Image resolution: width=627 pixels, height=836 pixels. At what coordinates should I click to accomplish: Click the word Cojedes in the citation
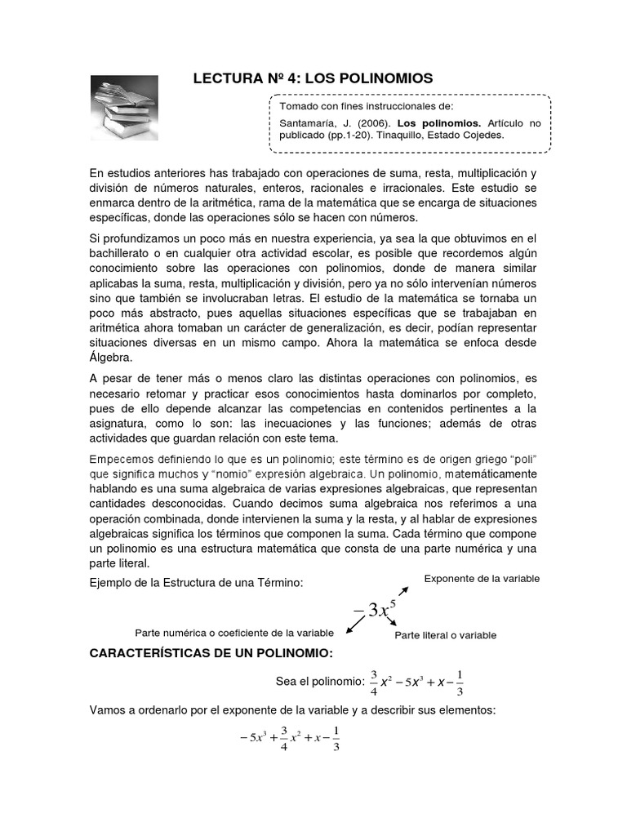483,136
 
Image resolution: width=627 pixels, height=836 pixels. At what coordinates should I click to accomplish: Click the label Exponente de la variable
482,579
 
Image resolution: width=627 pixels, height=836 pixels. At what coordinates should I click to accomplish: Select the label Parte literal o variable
445,635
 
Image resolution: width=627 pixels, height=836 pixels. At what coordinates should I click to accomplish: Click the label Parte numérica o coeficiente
233,634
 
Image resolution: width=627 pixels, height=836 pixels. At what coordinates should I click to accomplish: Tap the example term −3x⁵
371,608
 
